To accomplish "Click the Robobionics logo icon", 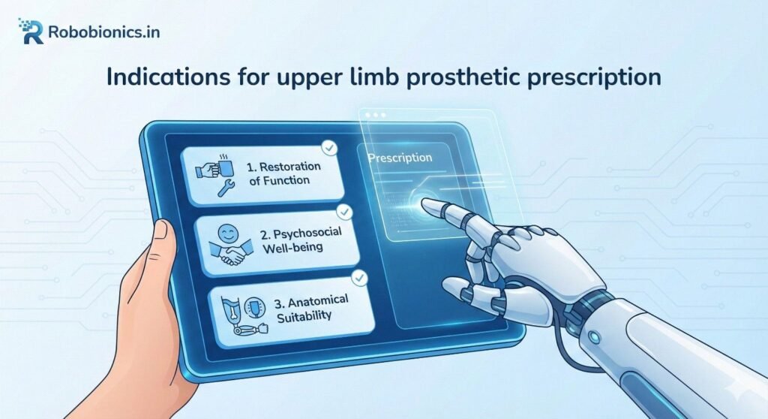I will tap(31, 32).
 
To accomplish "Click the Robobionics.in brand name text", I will tap(103, 32).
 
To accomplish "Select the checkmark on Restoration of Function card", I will tap(327, 148).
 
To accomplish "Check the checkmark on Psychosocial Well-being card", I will tap(344, 213).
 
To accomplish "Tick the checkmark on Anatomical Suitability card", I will tap(361, 279).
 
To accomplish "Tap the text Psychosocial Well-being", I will tap(301, 239).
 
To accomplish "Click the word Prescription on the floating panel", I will tap(400, 158).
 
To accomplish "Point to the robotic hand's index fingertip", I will tap(428, 203).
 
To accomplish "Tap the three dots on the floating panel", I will tap(373, 116).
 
